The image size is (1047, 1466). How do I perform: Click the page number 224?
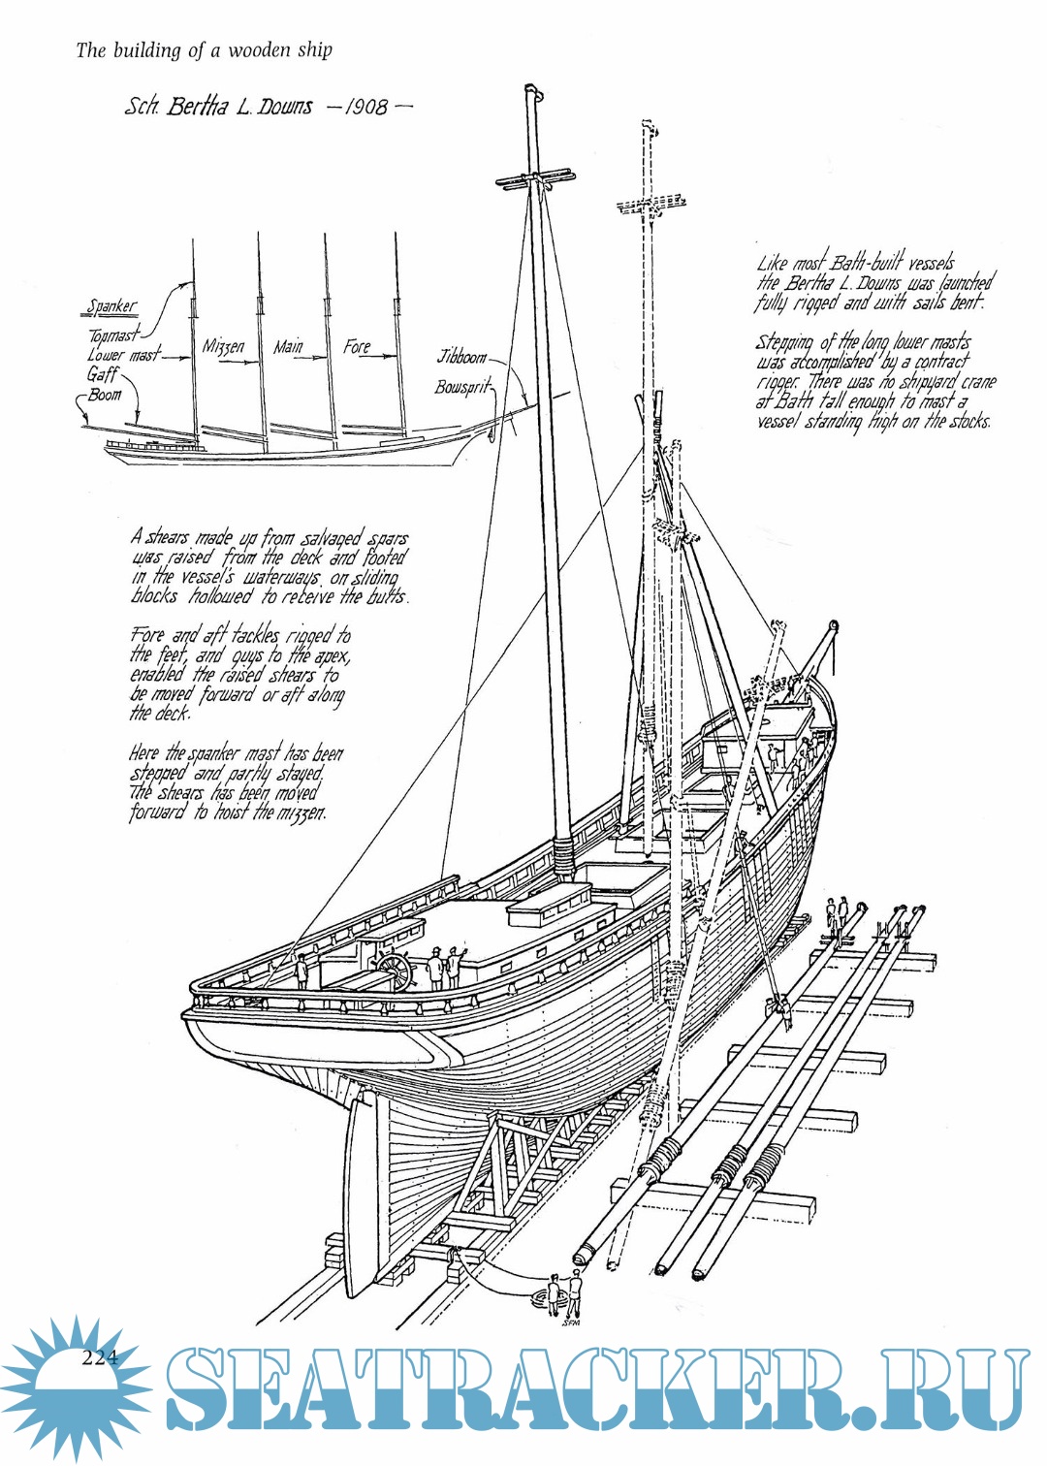[99, 1357]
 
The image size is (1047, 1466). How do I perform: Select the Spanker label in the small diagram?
[111, 306]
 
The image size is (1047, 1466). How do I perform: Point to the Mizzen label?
[223, 347]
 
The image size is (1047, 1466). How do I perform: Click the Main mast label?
[288, 346]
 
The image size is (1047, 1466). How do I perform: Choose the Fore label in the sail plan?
[357, 346]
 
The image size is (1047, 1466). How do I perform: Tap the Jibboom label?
[460, 357]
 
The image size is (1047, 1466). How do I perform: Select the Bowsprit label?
[462, 388]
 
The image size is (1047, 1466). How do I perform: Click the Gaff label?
[103, 374]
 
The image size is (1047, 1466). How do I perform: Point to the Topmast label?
[113, 335]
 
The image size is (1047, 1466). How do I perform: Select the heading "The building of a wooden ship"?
[204, 49]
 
